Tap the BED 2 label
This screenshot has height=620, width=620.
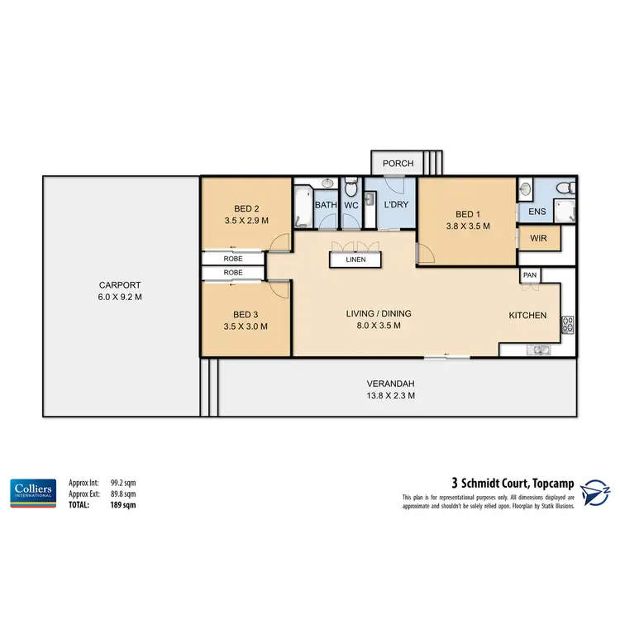[x=246, y=209]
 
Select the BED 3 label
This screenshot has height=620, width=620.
[x=246, y=314]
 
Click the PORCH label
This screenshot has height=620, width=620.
[x=398, y=163]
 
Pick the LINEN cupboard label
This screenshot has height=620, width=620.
[x=355, y=260]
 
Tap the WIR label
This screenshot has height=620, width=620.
[x=538, y=239]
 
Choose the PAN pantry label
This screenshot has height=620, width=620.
[x=529, y=274]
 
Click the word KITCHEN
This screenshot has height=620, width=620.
[x=527, y=315]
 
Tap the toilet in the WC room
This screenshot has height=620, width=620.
[x=351, y=188]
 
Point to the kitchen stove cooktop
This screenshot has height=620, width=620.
[x=567, y=324]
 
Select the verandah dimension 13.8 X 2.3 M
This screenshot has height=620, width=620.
[x=390, y=396]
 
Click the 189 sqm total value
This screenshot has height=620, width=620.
[x=122, y=503]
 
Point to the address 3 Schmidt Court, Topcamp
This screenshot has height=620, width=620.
[x=509, y=482]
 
